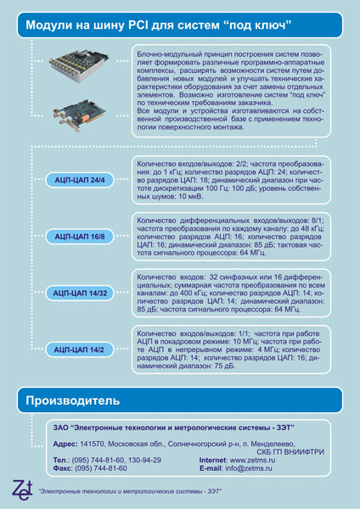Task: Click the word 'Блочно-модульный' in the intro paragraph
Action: pos(166,53)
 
